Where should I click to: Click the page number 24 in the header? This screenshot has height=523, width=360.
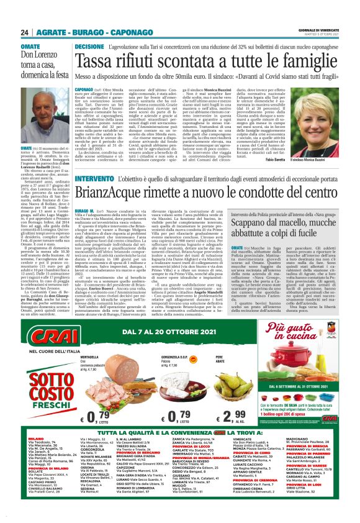click(x=25, y=14)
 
